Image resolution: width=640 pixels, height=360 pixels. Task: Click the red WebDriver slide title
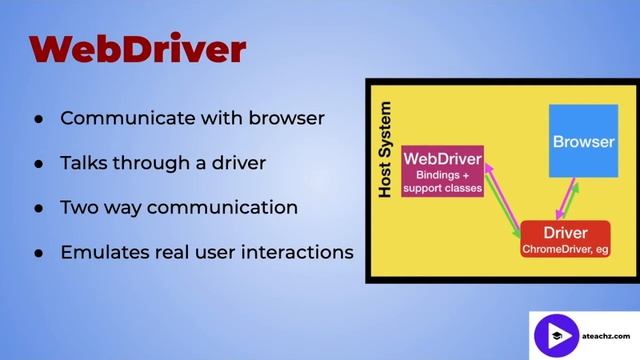click(138, 48)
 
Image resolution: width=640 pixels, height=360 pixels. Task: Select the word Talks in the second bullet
click(83, 163)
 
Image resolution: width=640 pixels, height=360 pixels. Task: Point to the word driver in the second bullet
click(238, 163)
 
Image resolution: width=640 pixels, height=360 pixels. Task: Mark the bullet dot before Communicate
click(37, 119)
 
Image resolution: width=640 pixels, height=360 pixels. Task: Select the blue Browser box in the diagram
click(583, 141)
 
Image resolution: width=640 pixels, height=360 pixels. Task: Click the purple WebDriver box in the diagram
click(442, 172)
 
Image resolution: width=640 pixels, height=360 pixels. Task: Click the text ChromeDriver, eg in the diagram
click(565, 249)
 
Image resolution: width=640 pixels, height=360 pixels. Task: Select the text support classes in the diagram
click(442, 187)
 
